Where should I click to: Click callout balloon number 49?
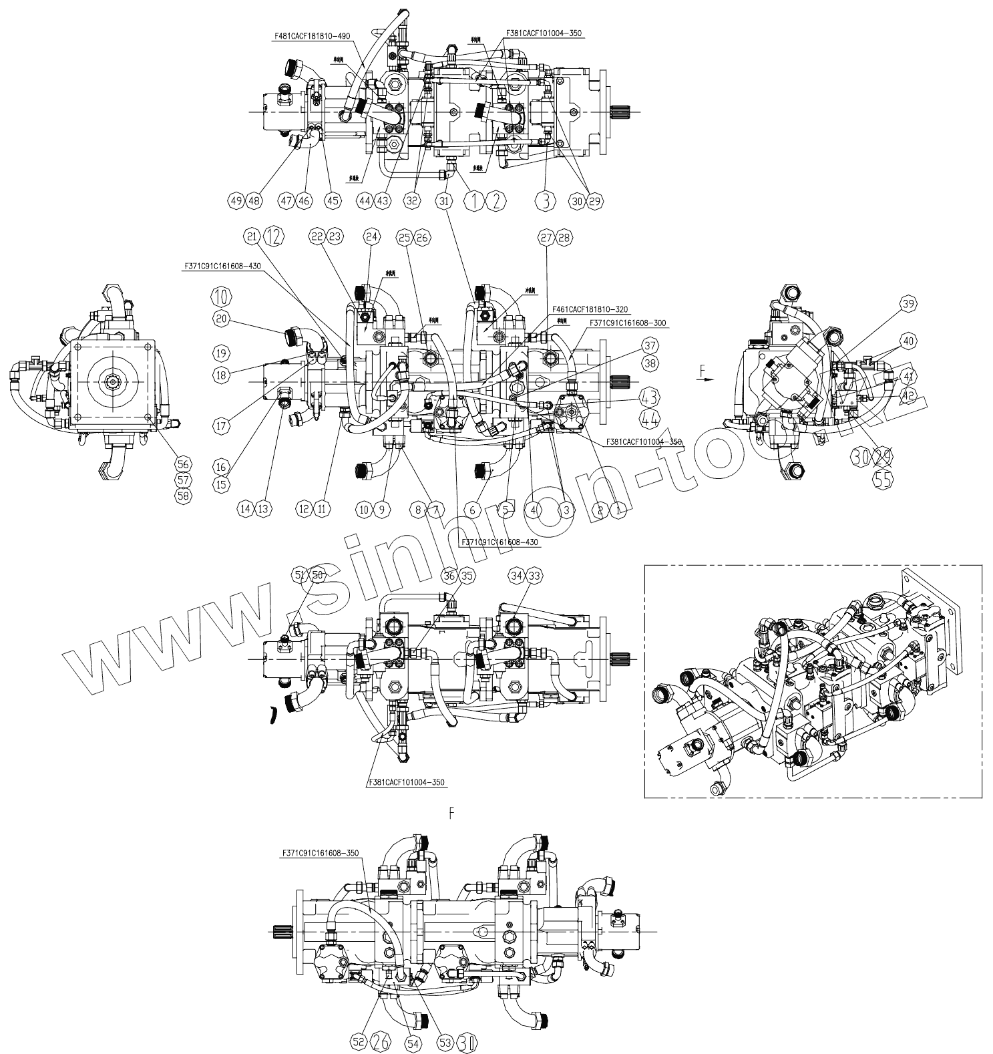234,200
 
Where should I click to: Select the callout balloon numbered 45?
332,200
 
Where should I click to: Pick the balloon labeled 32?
413,200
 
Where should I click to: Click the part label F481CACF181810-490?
312,36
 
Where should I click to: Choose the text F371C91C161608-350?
321,853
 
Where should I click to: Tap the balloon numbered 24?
371,236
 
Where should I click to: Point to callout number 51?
300,575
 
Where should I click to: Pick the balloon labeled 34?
516,575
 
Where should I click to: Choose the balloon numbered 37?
650,346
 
